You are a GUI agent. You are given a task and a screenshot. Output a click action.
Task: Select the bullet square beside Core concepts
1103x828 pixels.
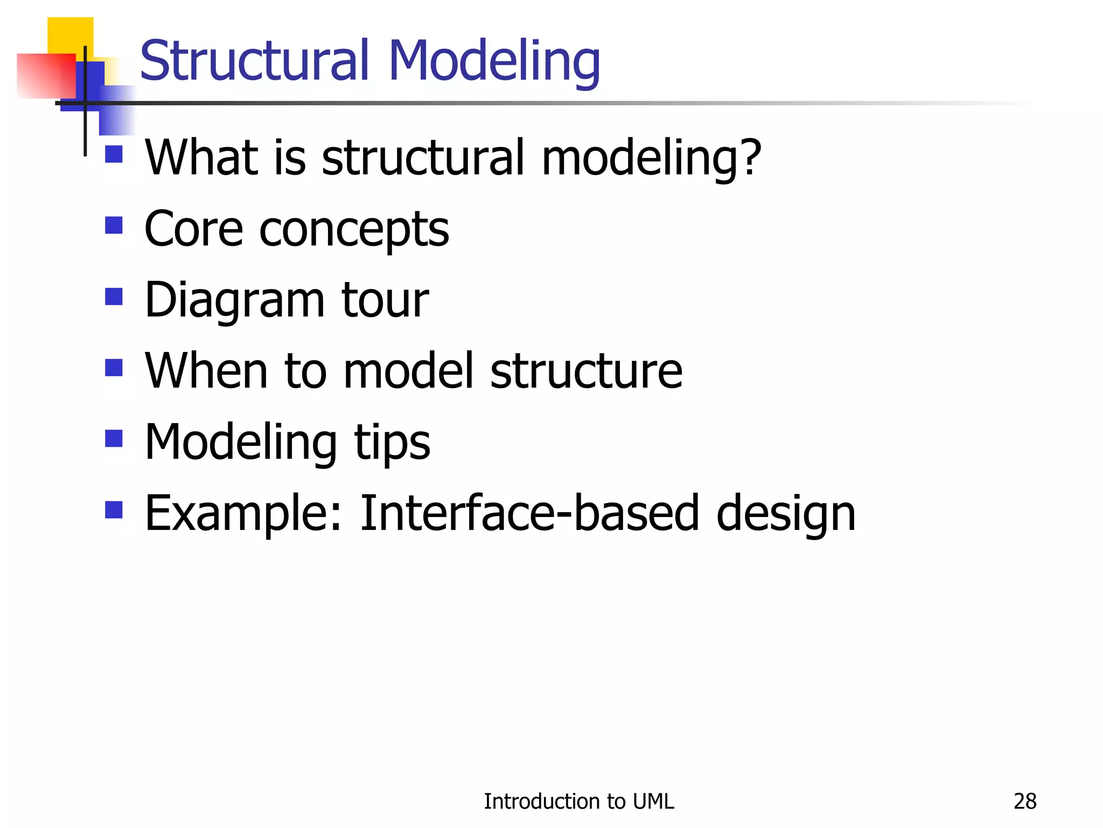pos(114,225)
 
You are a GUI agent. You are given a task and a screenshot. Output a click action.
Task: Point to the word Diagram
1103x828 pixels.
pos(234,301)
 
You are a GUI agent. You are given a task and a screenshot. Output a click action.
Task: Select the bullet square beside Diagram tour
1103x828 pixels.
pos(114,296)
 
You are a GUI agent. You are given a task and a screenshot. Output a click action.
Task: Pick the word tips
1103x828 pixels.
pos(392,443)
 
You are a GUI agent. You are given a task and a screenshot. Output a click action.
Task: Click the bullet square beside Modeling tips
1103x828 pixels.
pos(114,438)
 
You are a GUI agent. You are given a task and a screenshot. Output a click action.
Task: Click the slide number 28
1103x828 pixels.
pos(1024,802)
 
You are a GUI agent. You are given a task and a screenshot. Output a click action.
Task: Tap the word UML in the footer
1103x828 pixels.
pos(653,802)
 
